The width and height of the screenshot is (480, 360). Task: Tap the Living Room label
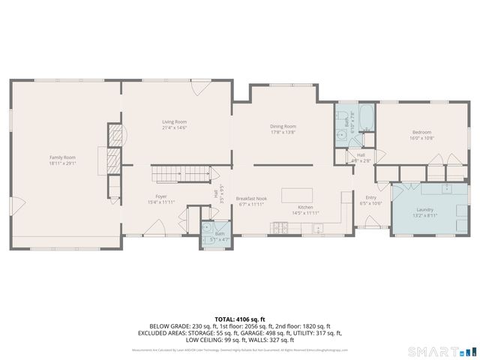tap(175, 121)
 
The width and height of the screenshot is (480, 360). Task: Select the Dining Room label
tap(283, 126)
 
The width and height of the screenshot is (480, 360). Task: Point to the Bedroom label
tap(421, 131)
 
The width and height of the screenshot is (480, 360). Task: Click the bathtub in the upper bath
tap(367, 116)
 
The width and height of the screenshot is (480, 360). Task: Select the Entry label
tap(370, 197)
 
